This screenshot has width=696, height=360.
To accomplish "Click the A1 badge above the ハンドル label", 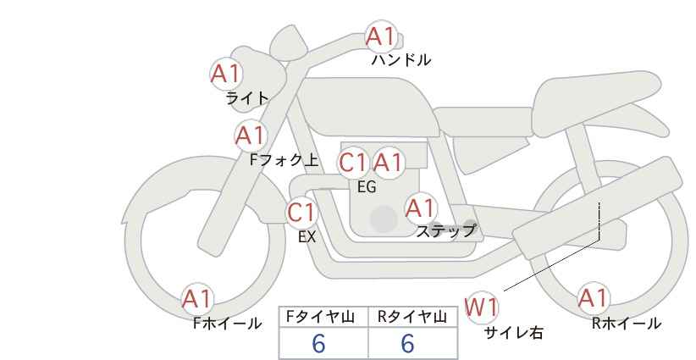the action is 381,36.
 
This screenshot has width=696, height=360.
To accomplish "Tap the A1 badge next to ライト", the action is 226,74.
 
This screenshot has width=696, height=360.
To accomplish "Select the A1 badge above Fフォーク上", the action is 251,136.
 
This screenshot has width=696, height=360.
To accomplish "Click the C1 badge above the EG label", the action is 353,163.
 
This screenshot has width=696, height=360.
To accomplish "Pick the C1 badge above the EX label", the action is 301,213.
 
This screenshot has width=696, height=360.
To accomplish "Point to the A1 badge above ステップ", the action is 420,208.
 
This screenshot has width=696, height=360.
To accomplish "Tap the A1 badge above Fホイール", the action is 197,299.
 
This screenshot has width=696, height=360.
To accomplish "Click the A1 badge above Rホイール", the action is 593,298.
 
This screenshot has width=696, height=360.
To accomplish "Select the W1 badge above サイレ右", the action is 482,307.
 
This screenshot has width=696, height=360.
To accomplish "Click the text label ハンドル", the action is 401,60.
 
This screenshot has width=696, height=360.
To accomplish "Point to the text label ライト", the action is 247,98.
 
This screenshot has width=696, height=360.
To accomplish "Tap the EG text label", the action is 367,187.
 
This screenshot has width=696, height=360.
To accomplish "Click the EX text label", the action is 307,237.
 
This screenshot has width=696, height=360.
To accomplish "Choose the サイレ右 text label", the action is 514,333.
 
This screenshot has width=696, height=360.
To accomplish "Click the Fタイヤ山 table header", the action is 320,317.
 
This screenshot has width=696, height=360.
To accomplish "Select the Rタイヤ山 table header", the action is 412,317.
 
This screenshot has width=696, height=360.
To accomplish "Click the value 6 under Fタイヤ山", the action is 318,343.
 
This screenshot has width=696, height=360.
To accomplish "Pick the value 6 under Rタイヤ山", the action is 407,343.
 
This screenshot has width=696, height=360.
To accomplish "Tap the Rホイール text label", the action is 627,324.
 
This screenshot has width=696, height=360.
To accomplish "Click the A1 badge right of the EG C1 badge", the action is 388,163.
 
